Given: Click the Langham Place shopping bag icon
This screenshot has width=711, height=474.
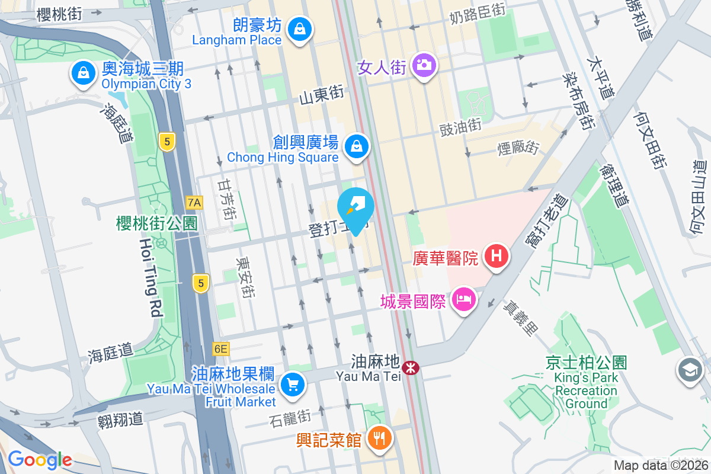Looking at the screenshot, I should pyautogui.click(x=300, y=27).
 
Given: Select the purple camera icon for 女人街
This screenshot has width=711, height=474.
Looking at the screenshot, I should pyautogui.click(x=425, y=64).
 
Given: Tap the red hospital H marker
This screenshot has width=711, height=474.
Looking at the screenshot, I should pyautogui.click(x=497, y=257).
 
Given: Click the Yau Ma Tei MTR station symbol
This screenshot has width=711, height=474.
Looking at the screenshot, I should pyautogui.click(x=410, y=368).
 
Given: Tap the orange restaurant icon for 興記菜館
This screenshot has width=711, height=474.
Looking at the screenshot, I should pyautogui.click(x=377, y=438).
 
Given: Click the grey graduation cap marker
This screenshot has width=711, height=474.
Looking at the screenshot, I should pyautogui.click(x=690, y=370).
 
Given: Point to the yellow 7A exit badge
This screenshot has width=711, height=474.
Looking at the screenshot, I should pyautogui.click(x=194, y=203).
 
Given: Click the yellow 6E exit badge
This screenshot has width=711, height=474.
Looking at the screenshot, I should pyautogui.click(x=220, y=349).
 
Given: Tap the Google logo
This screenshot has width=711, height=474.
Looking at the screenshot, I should pyautogui.click(x=40, y=460).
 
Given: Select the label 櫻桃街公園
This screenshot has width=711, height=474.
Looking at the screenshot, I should pyautogui.click(x=157, y=223).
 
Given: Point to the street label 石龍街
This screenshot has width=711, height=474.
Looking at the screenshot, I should pyautogui.click(x=290, y=418).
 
